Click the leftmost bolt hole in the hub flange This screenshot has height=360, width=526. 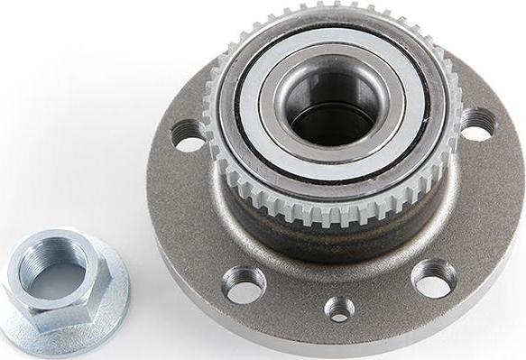pyautogui.click(x=189, y=136)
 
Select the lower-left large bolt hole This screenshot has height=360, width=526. pyautogui.click(x=245, y=284)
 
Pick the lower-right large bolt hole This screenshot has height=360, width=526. pyautogui.click(x=433, y=278)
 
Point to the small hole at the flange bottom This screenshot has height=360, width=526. pyautogui.click(x=339, y=309)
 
